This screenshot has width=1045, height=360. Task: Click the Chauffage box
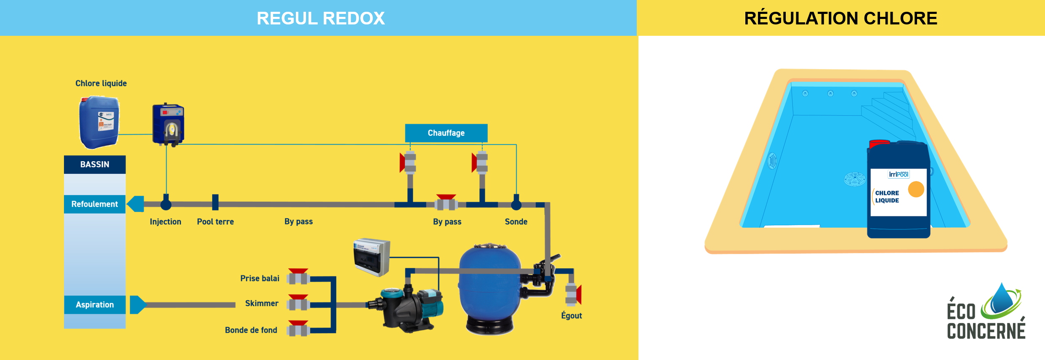coord(446,133)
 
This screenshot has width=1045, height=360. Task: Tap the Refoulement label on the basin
coord(95,204)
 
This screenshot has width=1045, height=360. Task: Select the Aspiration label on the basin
coord(95,304)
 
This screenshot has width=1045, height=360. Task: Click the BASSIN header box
coord(95,164)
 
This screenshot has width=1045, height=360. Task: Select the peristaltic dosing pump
coord(168,125)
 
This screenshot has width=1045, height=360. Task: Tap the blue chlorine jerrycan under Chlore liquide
coord(99,122)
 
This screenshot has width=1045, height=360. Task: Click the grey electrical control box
coord(372,257)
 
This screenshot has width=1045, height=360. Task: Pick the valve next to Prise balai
coord(298,277)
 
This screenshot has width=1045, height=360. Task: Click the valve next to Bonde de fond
coord(298,328)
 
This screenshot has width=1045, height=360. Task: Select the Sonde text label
coord(516,222)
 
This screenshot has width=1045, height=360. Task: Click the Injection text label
coord(165,222)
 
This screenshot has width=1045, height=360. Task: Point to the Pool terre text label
coord(215,222)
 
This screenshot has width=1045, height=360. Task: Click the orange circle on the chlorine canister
coord(916,189)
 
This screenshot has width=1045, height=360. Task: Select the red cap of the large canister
coord(879,144)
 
